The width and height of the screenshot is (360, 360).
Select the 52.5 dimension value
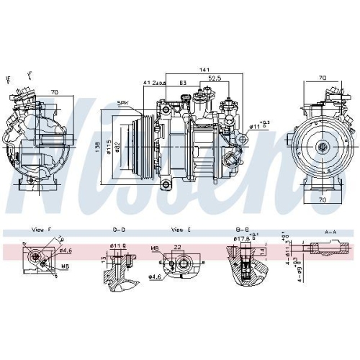[214, 78]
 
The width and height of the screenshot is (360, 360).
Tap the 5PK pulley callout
[124, 104]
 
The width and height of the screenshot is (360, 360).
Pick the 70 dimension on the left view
[54, 92]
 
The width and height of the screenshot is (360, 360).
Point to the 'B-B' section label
[243, 230]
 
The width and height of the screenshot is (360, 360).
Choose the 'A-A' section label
[331, 232]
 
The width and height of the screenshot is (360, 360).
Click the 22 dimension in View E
[177, 248]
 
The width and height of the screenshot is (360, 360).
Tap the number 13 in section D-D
[103, 258]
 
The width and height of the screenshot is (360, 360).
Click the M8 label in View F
[65, 266]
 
